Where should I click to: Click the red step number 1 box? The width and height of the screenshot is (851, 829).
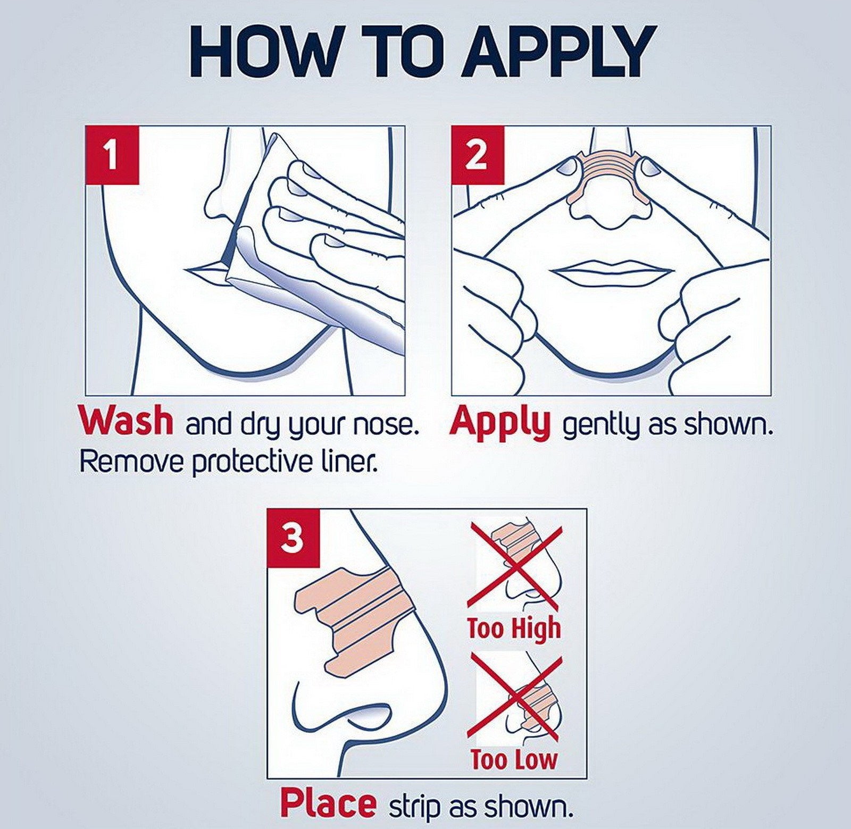[x=112, y=155]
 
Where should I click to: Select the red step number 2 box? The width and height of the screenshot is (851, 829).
[x=477, y=155]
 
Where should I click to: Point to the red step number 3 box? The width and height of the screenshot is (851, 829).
[x=293, y=538]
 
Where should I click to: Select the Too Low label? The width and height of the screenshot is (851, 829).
[x=514, y=759]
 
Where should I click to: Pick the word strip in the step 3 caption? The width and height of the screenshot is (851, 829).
[x=417, y=806]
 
